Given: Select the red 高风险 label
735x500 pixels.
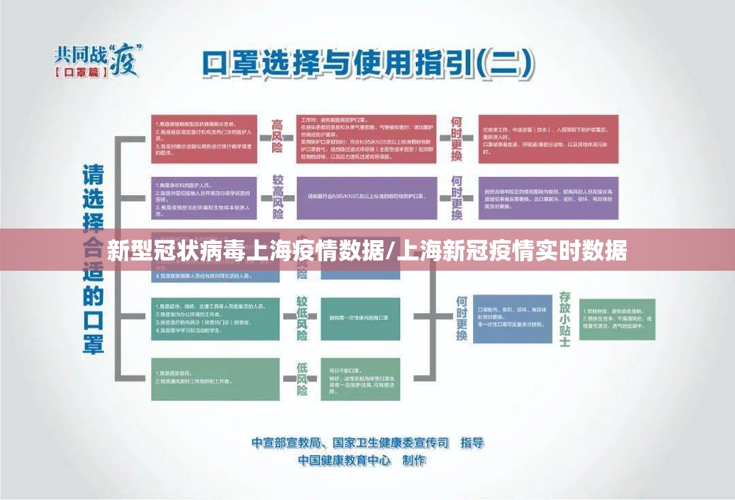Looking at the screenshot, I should [x=277, y=139].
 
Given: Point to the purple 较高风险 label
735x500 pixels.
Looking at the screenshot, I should [x=277, y=197].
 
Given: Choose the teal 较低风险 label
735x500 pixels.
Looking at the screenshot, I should [x=301, y=318].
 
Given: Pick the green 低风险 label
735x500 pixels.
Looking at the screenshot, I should [x=301, y=378].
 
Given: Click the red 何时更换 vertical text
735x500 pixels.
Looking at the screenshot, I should [x=457, y=139].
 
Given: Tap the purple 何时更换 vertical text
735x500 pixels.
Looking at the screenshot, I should [x=457, y=197].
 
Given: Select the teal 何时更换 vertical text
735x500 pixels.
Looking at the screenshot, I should [x=462, y=318].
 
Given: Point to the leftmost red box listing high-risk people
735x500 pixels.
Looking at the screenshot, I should [x=204, y=139].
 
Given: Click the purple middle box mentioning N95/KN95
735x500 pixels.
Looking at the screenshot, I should [x=366, y=197].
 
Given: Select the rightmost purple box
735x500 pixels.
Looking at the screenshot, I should [x=548, y=197].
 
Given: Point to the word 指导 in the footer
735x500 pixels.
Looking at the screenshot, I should [x=472, y=443].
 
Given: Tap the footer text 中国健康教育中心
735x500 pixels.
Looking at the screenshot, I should [x=344, y=461].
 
